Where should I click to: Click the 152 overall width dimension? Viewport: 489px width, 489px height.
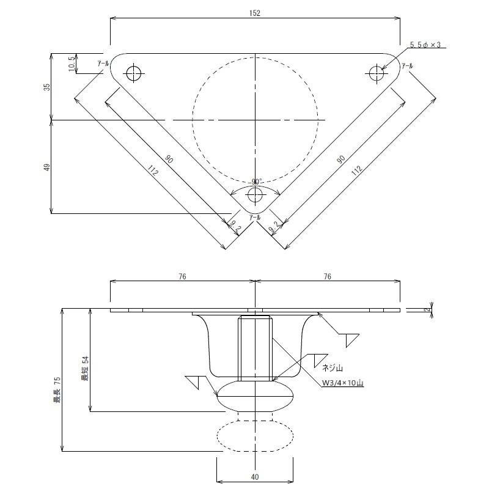pyautogui.click(x=255, y=13)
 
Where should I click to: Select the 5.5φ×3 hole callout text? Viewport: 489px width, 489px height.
pyautogui.click(x=425, y=45)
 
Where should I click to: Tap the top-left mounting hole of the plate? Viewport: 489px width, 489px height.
pyautogui.click(x=134, y=74)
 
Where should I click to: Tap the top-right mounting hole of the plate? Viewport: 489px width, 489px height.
pyautogui.click(x=377, y=73)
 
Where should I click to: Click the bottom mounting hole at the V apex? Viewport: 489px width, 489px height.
pyautogui.click(x=256, y=196)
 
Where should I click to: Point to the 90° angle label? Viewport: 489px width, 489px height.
pyautogui.click(x=257, y=182)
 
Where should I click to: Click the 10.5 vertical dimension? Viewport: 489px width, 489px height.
pyautogui.click(x=72, y=64)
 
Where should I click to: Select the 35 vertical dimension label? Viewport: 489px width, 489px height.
pyautogui.click(x=47, y=87)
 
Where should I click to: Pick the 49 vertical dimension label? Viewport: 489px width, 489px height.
pyautogui.click(x=47, y=167)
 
